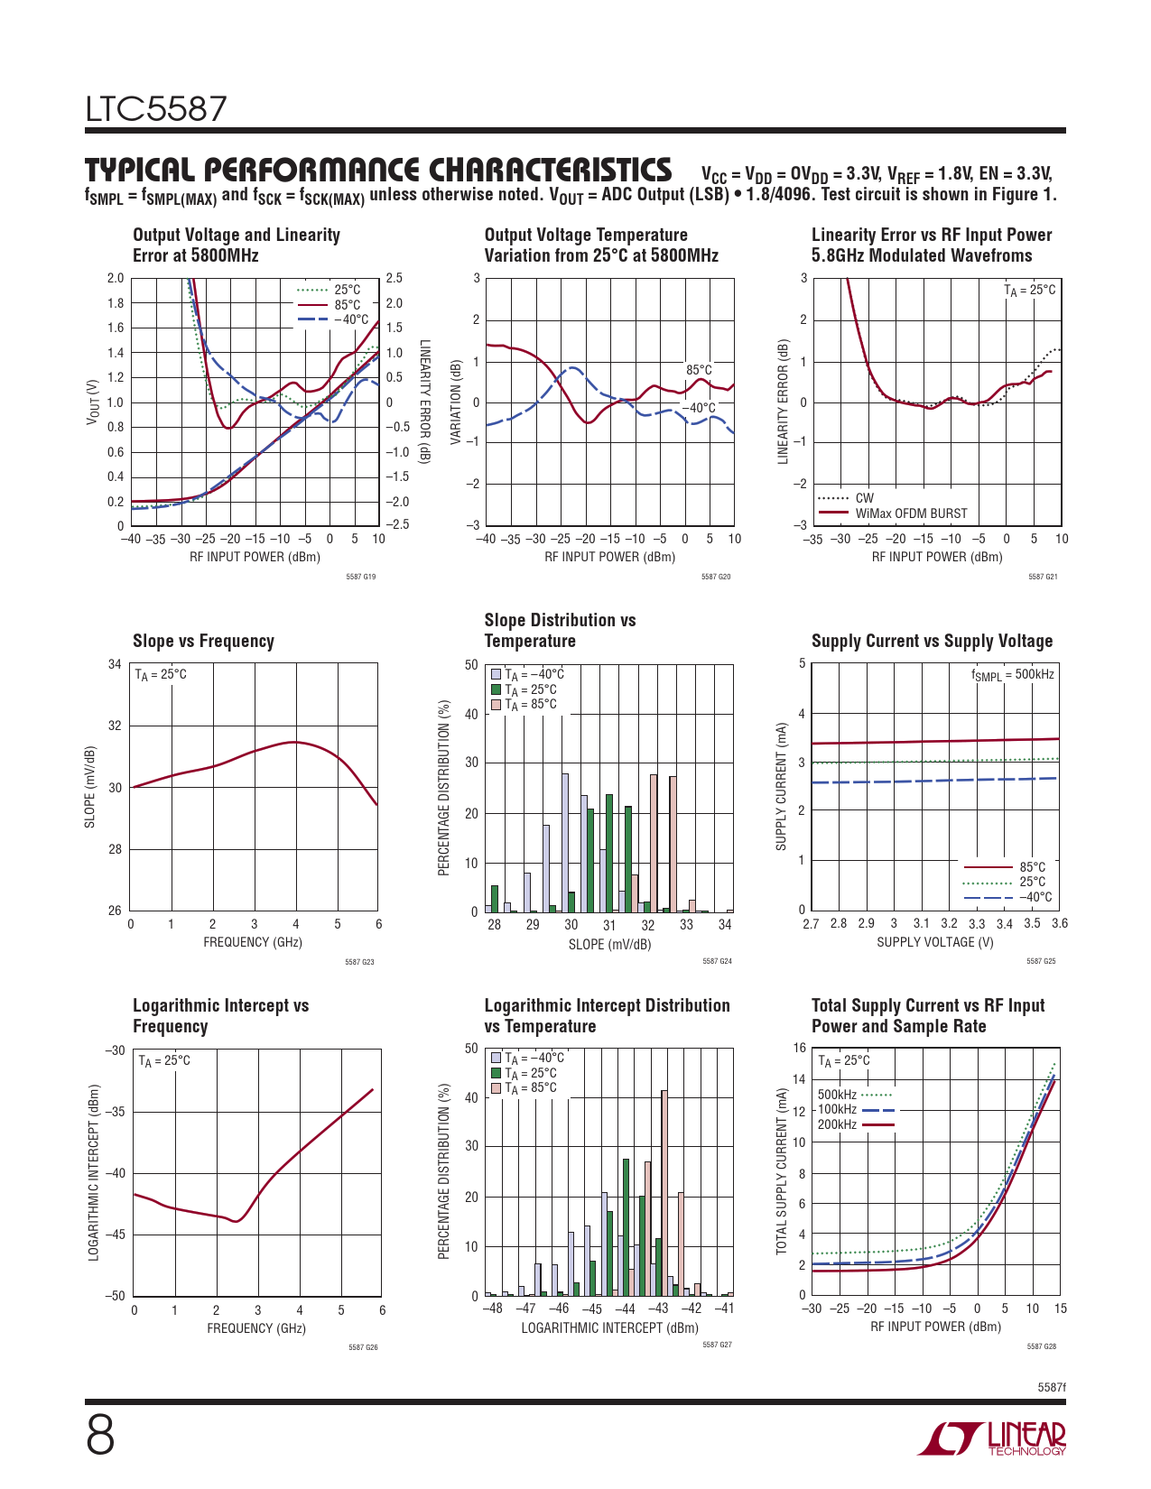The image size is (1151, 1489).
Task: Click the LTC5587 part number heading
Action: (156, 110)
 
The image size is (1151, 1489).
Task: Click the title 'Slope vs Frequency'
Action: (203, 641)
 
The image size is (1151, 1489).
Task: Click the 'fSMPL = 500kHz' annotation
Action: (1012, 675)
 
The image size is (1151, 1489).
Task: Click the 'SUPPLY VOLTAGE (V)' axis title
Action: (934, 942)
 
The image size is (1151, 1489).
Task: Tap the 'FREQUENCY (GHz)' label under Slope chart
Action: (253, 942)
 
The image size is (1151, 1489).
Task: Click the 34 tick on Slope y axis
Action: (115, 665)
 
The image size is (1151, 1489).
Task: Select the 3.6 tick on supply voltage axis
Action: (1059, 923)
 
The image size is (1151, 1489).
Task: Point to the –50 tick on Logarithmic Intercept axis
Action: (115, 1296)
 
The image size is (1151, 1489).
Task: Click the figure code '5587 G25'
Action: (1041, 961)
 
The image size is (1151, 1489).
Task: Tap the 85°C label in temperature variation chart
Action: (699, 370)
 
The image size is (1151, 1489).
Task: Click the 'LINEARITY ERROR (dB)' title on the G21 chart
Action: (783, 402)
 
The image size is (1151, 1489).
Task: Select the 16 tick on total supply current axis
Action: (799, 1048)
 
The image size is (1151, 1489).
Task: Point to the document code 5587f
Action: (1051, 1387)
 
